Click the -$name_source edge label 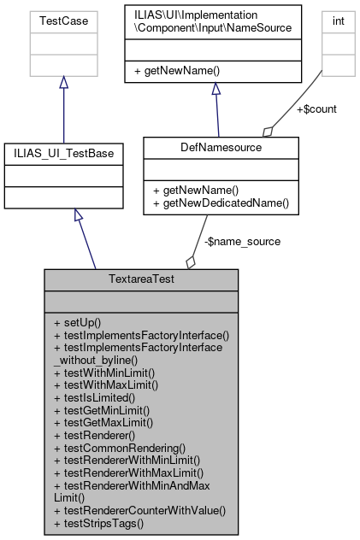click(x=242, y=241)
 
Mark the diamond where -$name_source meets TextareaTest click(x=190, y=261)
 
